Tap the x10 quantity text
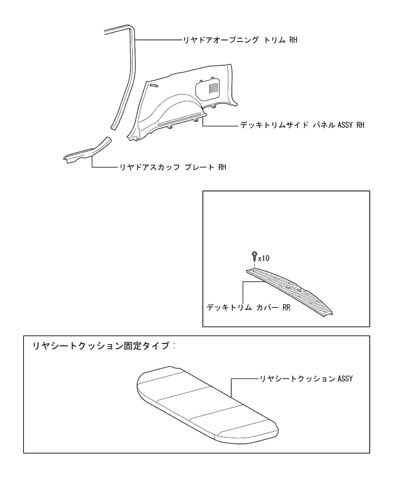(264, 258)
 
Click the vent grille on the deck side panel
(212, 88)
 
